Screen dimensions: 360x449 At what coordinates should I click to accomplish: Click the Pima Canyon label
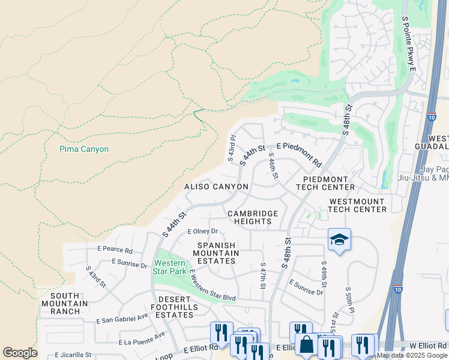click(84, 149)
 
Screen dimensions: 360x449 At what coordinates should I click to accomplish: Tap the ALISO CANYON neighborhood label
click(216, 187)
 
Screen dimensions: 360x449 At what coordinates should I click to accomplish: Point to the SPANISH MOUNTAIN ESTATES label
click(218, 253)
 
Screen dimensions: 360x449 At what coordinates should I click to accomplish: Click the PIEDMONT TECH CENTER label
click(325, 183)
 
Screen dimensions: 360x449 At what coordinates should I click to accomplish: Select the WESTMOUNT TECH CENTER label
click(357, 205)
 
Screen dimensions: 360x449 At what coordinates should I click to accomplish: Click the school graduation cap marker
click(339, 239)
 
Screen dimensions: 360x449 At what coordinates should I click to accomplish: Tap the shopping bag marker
click(307, 345)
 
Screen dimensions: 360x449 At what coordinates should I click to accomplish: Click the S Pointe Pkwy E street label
click(408, 44)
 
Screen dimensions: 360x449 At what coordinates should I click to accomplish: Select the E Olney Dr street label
click(202, 231)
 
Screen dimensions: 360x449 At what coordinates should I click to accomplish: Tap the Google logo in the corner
click(20, 353)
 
